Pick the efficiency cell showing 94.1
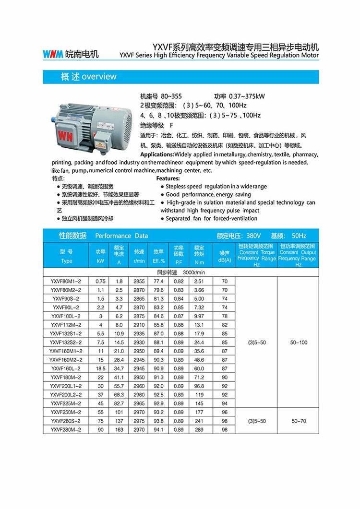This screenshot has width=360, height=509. tap(158, 430)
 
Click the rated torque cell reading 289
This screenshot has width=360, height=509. tap(199, 430)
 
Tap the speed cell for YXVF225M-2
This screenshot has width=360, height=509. tap(139, 403)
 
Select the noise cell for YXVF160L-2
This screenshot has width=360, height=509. tap(224, 368)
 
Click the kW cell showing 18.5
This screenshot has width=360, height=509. tap(100, 368)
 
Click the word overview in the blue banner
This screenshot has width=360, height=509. tap(99, 77)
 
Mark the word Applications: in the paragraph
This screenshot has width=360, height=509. tap(157, 154)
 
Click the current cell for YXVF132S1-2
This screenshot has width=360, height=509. tap(119, 333)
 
